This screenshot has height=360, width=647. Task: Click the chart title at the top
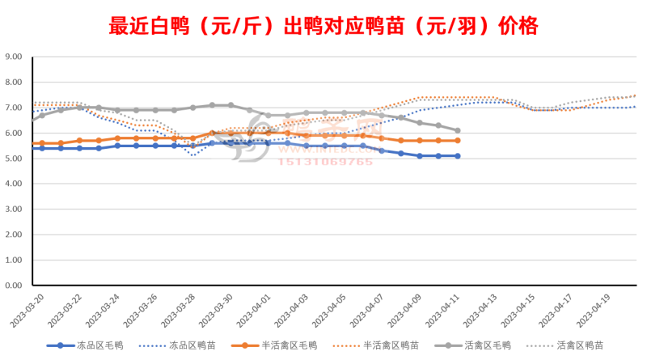pos(323,27)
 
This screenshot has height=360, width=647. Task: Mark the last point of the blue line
pos(458,156)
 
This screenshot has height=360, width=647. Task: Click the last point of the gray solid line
pos(458,130)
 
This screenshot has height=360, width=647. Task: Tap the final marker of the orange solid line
pos(458,141)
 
